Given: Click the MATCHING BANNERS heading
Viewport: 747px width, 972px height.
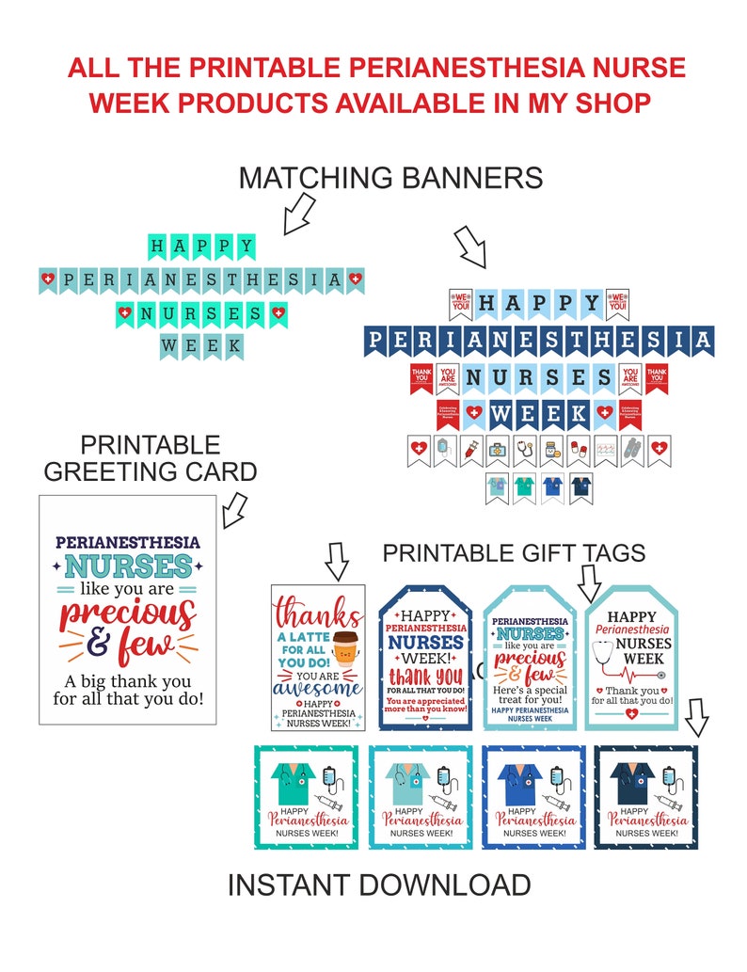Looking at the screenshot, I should pos(390,177).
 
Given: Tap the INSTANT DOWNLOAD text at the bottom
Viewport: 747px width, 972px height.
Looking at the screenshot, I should pos(378,884).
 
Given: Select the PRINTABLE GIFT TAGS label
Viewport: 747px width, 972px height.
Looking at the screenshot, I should pos(514,553).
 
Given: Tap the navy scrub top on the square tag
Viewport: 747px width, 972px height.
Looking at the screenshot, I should pos(630,779).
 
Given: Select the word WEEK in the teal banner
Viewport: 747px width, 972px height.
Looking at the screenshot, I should pos(201,345).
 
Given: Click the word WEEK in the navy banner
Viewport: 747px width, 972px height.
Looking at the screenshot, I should pos(539,413).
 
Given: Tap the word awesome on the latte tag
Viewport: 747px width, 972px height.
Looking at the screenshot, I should pos(317,688).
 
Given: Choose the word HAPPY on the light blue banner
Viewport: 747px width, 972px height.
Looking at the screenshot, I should pos(539,304).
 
